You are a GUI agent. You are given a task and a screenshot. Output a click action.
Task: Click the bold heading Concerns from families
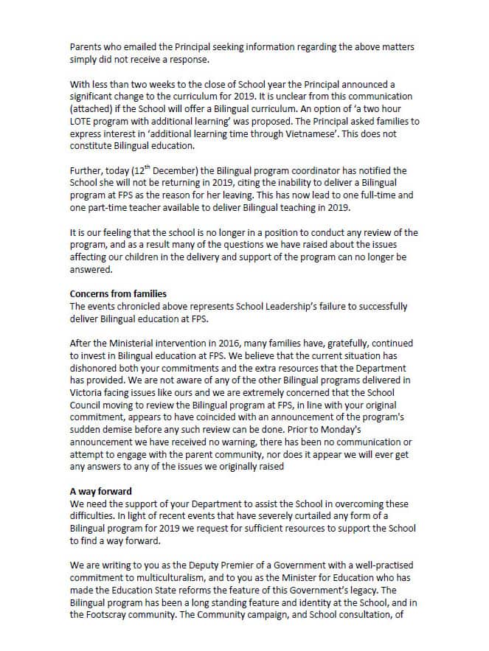tap(118, 294)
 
